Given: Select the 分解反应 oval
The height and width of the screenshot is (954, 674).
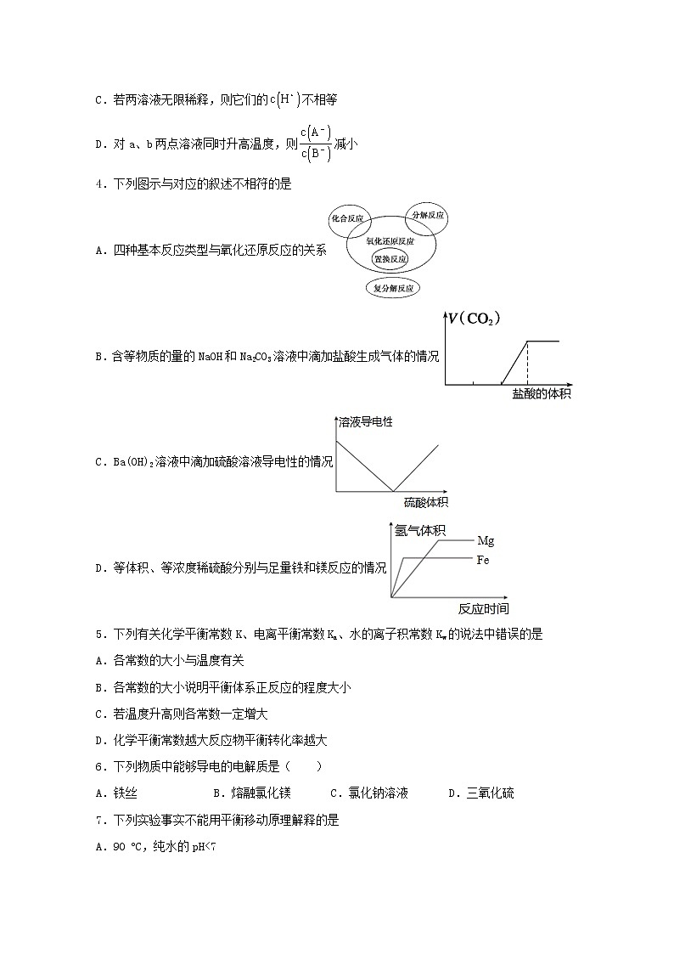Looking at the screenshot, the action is click(x=428, y=216).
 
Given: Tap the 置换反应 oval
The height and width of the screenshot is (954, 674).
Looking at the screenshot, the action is click(x=390, y=258).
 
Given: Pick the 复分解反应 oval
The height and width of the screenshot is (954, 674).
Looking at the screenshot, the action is click(x=393, y=288).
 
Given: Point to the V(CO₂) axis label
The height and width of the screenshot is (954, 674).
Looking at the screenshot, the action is click(x=475, y=319).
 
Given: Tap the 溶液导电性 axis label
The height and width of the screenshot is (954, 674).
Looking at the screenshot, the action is click(x=366, y=421).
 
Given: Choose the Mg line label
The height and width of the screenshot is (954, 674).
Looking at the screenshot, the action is click(x=486, y=540).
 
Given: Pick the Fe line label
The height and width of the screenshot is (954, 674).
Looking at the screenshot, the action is click(x=483, y=560).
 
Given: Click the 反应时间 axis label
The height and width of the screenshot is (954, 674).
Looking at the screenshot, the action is click(x=484, y=608).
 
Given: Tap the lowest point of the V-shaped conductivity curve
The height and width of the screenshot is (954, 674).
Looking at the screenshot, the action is click(x=392, y=490).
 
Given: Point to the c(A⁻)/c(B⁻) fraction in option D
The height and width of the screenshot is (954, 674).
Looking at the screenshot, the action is click(x=315, y=144).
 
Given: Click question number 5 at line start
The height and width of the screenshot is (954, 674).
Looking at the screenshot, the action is click(x=100, y=633).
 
